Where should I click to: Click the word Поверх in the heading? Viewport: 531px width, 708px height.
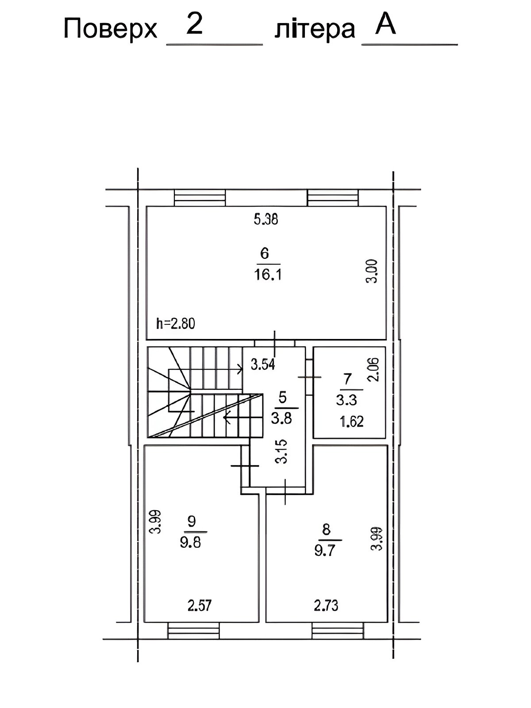(110, 30)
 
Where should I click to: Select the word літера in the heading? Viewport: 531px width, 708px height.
(315, 30)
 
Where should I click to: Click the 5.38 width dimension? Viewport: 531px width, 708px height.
(265, 219)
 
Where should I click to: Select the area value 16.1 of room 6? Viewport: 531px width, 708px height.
(268, 275)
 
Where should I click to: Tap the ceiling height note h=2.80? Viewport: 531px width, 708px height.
(176, 323)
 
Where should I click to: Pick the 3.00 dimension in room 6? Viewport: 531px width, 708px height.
(372, 271)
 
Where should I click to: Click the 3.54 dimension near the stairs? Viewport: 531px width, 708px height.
(263, 365)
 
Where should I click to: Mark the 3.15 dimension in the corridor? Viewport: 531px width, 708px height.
(282, 451)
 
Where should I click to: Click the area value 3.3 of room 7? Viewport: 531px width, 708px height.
(346, 400)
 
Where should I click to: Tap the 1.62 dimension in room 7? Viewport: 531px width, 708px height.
(352, 422)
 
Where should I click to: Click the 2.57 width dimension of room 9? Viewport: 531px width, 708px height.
(200, 605)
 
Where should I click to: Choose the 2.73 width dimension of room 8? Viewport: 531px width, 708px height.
(326, 605)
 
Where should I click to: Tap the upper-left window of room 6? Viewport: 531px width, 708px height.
(200, 198)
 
